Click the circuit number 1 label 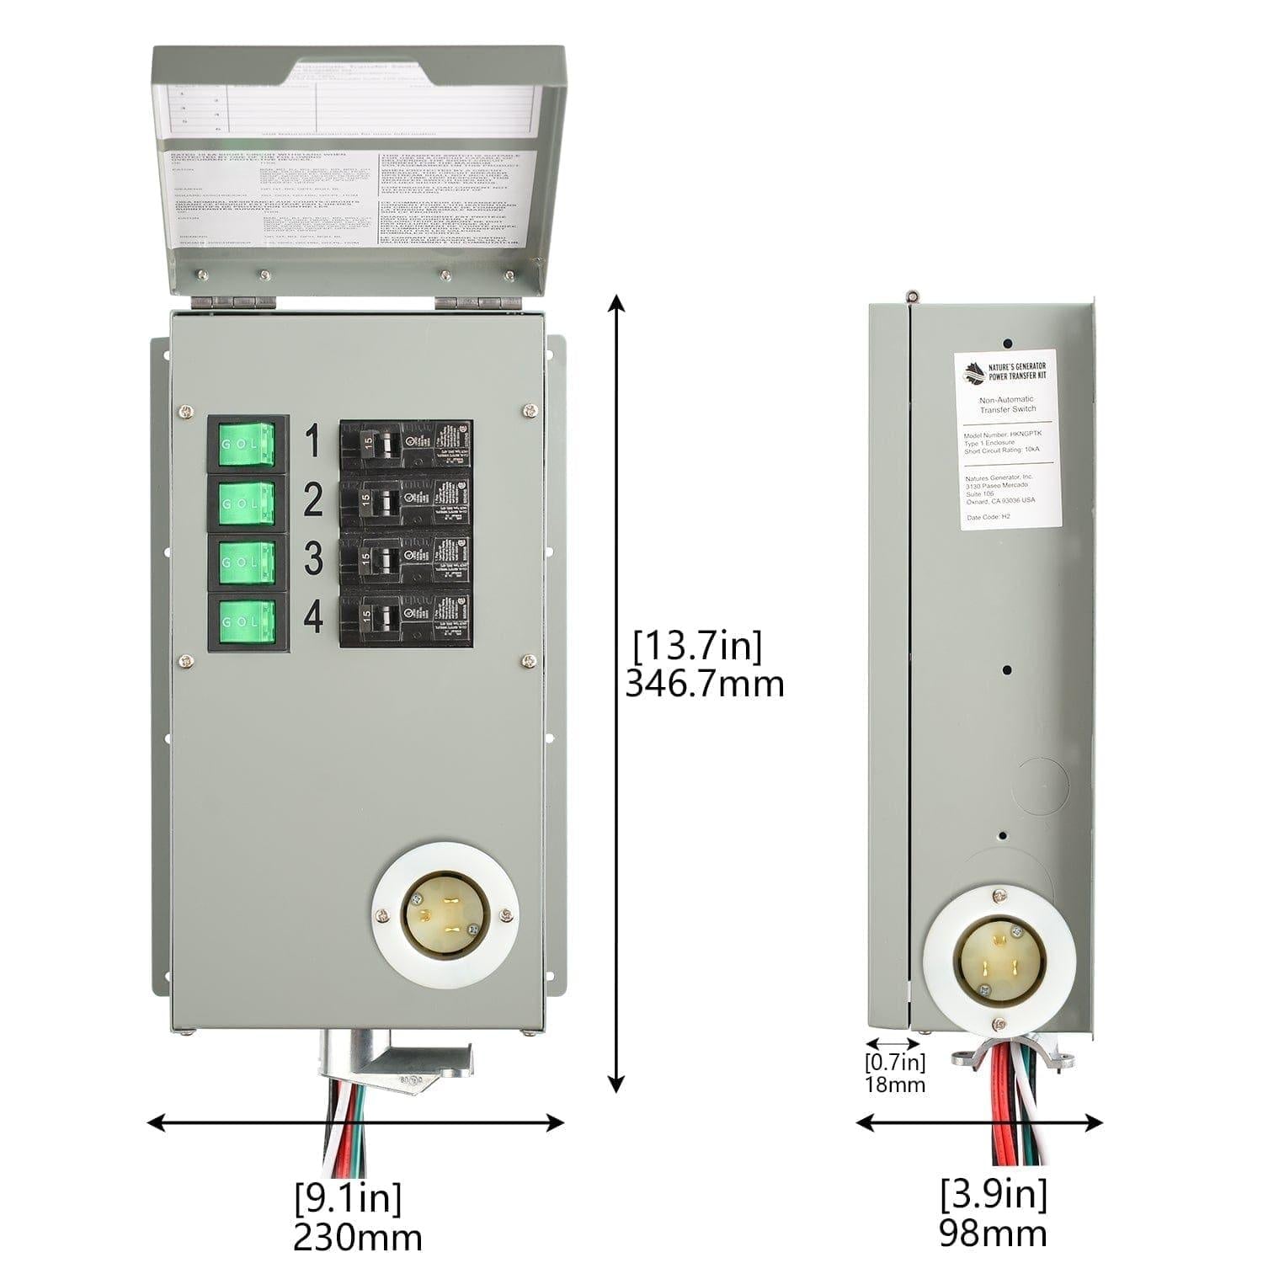312,441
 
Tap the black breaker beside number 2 406,503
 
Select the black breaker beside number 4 406,620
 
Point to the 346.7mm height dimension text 704,684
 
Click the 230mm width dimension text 357,1237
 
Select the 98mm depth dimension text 994,1233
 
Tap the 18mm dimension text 895,1084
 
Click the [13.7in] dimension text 698,647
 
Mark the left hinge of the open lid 223,301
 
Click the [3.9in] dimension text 994,1194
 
